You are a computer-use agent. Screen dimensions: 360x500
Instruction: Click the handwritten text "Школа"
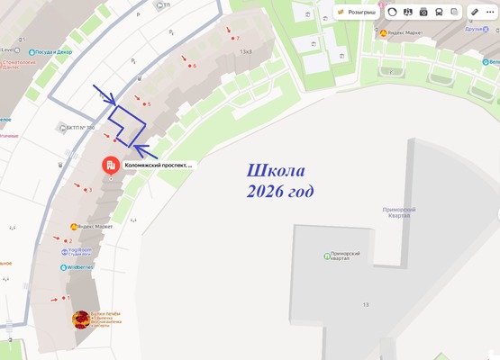pos(276,171)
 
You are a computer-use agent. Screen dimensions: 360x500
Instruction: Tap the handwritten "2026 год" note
pos(278,192)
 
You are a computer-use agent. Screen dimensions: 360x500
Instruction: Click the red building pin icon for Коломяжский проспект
pos(110,166)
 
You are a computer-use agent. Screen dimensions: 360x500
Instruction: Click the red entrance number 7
pos(237,39)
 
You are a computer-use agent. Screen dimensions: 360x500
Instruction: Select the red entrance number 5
pos(148,104)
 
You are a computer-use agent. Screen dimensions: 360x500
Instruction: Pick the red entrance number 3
pos(90,190)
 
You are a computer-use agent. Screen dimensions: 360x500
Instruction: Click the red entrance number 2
pos(70,241)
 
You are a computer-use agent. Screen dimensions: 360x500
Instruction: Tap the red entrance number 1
pos(68,298)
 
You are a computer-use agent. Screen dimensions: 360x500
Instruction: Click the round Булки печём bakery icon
pos(81,319)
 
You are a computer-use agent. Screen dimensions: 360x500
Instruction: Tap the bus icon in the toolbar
pos(439,12)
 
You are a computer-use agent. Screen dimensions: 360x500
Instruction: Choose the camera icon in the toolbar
pos(423,12)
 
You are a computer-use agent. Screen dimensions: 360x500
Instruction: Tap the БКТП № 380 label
pos(78,128)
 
